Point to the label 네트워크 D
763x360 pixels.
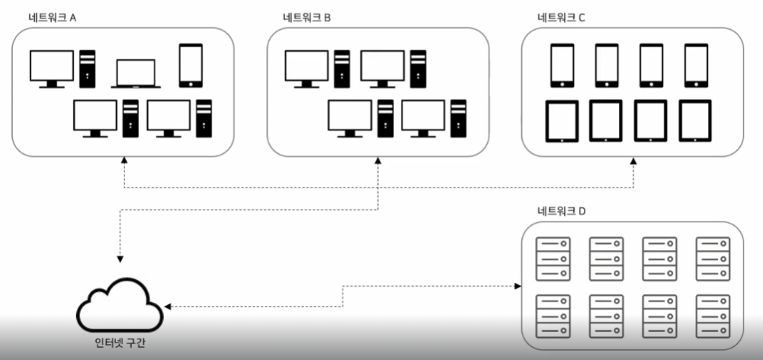click(x=561, y=211)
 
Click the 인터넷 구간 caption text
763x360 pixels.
click(x=119, y=342)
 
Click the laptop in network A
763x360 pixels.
click(x=136, y=74)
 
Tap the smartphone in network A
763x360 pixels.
click(x=190, y=66)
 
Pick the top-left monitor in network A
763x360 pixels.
click(x=51, y=67)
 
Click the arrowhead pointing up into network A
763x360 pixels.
click(x=123, y=162)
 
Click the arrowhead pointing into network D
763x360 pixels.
click(x=518, y=286)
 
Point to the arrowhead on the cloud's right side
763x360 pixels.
click(x=168, y=306)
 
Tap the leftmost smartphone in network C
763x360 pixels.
click(x=562, y=65)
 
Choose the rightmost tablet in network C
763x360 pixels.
click(x=695, y=121)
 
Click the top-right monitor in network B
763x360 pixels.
click(x=382, y=67)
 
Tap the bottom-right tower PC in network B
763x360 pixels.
click(x=458, y=118)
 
